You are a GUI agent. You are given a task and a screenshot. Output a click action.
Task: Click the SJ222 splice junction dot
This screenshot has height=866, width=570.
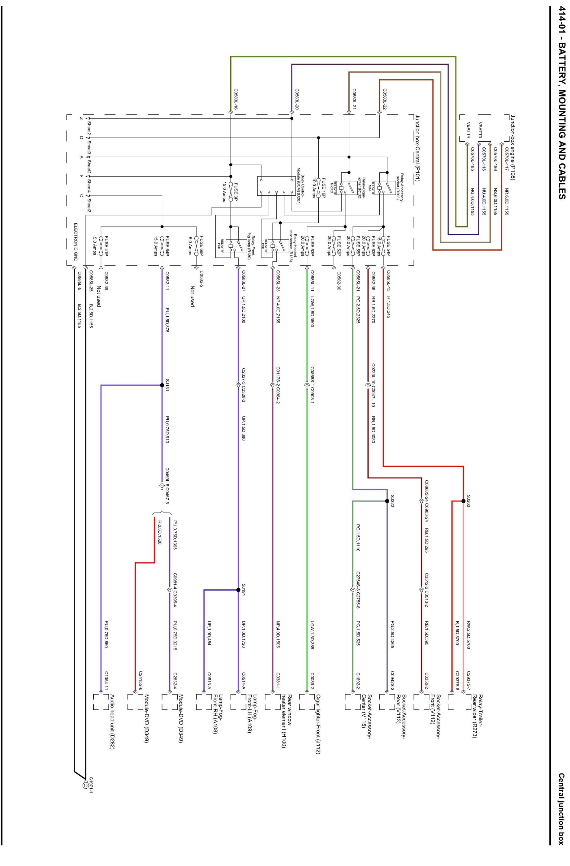click(387, 501)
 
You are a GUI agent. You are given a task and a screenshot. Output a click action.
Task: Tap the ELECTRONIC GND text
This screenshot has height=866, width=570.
click(75, 242)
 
